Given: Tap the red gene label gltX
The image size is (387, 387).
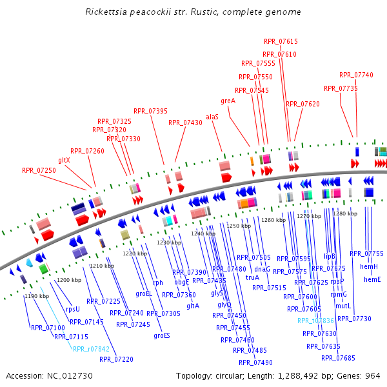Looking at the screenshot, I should coord(64,160).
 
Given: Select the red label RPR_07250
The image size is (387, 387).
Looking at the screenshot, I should coord(39,170).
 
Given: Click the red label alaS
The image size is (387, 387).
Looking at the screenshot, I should coord(212,117).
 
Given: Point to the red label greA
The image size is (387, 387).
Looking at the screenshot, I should coord(228,101).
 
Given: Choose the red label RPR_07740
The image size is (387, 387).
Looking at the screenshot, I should coord(356,75).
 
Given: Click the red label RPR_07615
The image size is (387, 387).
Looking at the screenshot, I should coord(281,41).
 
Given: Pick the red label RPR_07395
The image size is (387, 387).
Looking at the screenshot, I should coord(150,111).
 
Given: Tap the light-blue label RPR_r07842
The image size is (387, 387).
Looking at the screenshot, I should coord(91,349).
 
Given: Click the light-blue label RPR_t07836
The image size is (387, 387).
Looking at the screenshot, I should coord(315,321).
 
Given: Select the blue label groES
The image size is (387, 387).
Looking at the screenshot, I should coord(161,335).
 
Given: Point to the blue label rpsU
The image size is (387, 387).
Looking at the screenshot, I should coord(73,309).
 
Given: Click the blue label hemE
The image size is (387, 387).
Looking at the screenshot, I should coord(372,279).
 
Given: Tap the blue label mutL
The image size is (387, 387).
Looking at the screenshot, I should coord(343,306).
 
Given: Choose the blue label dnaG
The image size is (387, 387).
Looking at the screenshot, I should coord(262,269).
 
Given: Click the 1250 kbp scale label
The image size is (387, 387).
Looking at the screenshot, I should coord(239,226).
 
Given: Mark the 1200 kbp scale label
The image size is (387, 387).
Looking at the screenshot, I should coord(69,280).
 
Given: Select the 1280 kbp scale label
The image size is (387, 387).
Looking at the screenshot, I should coord(344,213).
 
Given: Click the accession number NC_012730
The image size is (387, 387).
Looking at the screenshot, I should coord(50,375).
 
